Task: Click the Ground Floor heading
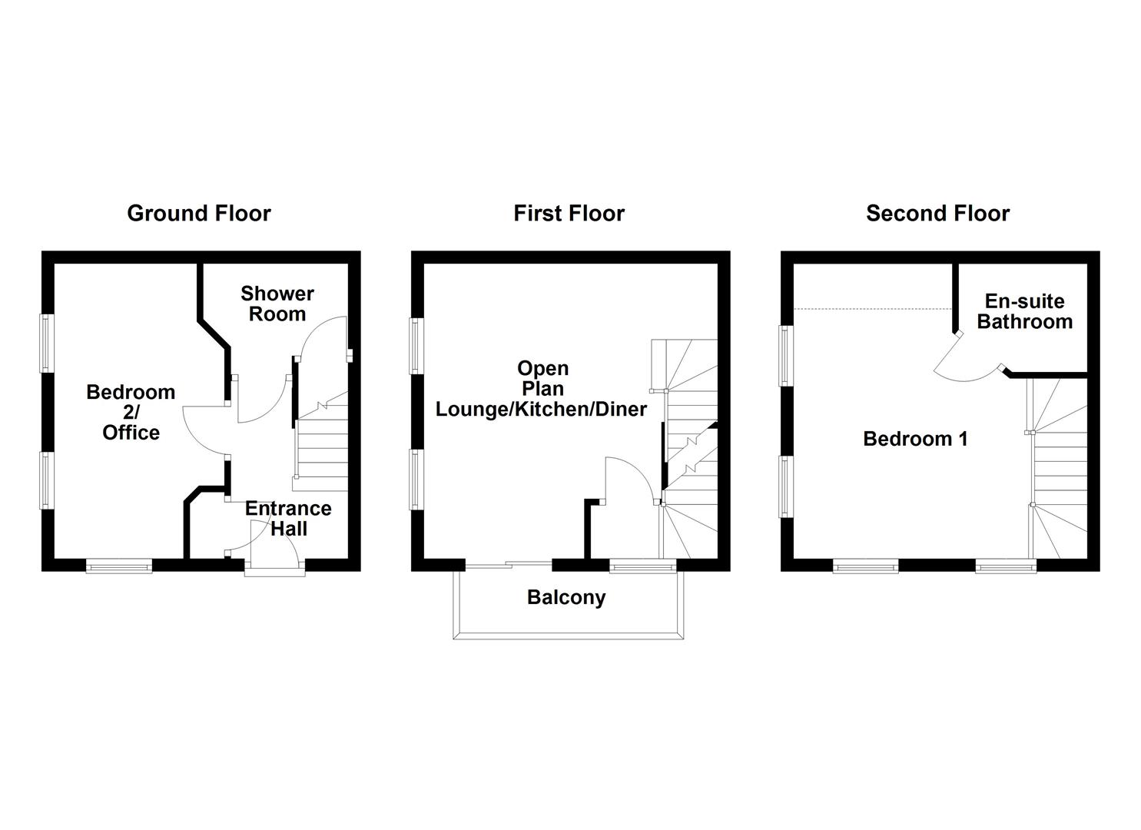(198, 213)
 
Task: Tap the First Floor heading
(569, 213)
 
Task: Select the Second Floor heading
(937, 213)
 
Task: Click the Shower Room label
(277, 304)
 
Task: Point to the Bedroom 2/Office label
(131, 412)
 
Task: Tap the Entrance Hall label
(288, 518)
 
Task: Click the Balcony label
(566, 597)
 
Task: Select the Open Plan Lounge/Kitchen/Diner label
(542, 389)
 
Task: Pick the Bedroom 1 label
(915, 439)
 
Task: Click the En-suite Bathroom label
(1024, 311)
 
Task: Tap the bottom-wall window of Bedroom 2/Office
(119, 566)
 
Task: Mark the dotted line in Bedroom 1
(872, 308)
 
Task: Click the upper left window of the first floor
(417, 346)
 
